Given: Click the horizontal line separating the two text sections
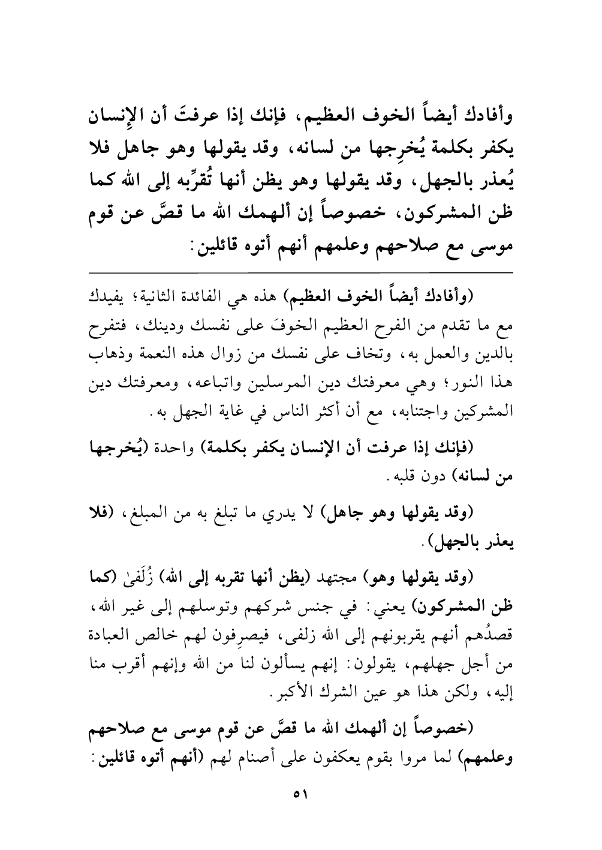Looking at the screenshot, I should pos(301,273).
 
